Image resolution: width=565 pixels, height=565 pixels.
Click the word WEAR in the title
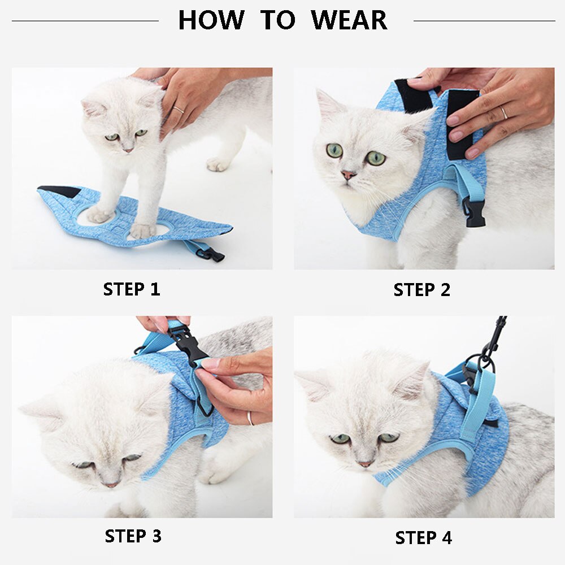click(x=349, y=20)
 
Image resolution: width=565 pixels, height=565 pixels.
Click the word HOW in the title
click(x=211, y=20)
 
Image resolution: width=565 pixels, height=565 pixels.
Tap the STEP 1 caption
click(x=132, y=289)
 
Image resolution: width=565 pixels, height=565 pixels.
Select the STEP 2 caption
click(x=422, y=290)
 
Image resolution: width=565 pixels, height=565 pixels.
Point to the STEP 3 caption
click(x=133, y=536)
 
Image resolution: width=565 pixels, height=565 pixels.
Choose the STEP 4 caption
click(x=423, y=538)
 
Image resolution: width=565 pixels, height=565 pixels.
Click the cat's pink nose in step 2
click(x=348, y=175)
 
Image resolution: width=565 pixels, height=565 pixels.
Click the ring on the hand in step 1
click(x=179, y=110)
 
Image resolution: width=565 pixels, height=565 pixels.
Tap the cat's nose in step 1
click(x=128, y=150)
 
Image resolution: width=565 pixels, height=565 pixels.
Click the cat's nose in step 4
click(x=364, y=464)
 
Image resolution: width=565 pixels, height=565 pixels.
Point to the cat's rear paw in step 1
click(x=218, y=164)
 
